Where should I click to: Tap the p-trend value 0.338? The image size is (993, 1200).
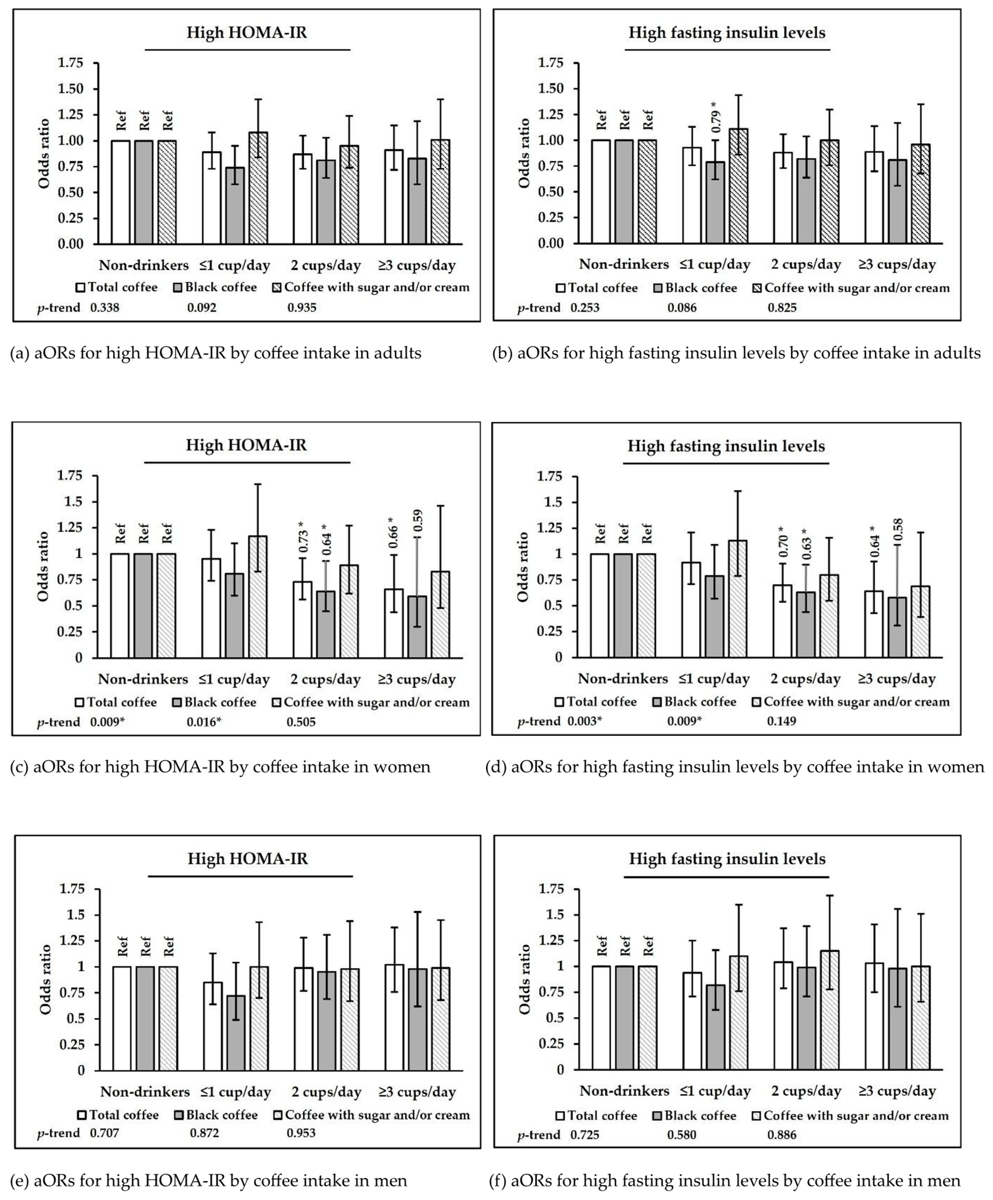[x=105, y=308]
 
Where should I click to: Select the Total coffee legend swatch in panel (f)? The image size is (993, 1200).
[x=560, y=1116]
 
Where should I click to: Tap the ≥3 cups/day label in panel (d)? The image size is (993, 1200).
[x=897, y=679]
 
